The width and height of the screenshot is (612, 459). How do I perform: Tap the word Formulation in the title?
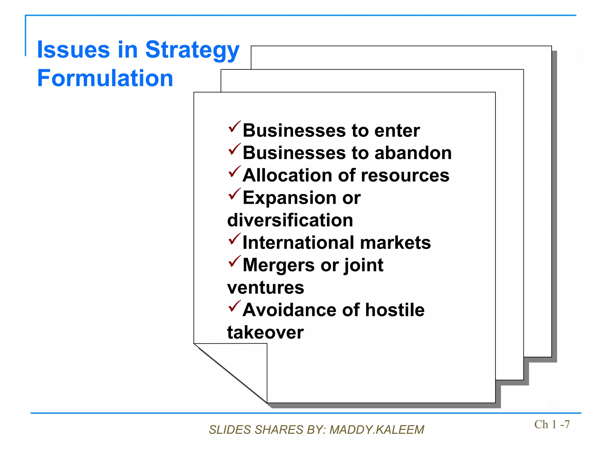coord(105,78)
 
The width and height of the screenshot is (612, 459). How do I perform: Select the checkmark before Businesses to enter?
coord(234,127)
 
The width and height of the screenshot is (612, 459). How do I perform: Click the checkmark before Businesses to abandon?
coord(234,149)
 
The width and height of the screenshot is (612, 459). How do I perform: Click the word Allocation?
coord(287,175)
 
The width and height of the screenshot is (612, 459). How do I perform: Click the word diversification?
coord(290,220)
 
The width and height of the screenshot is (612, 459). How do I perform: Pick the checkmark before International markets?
coord(234,239)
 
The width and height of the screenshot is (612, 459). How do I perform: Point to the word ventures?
coord(265,288)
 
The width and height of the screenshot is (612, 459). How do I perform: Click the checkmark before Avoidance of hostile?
coord(234,306)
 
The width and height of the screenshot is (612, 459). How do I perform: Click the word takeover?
coord(265,333)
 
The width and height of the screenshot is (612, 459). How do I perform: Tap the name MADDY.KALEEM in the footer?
coord(377,430)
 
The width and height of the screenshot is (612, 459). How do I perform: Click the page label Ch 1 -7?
coord(552,424)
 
